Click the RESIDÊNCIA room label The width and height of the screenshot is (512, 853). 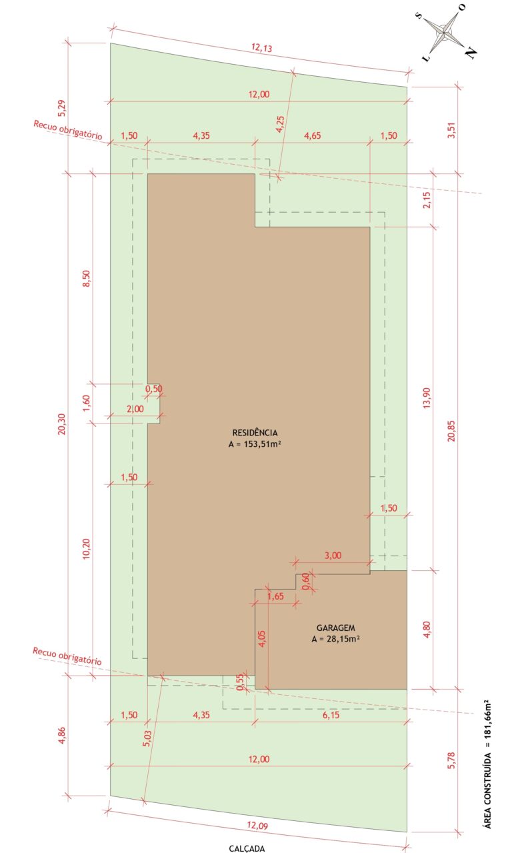click(x=255, y=433)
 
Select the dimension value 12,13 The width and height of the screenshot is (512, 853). click(x=261, y=47)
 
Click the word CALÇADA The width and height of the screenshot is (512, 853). click(x=247, y=848)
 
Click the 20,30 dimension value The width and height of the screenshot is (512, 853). click(x=62, y=424)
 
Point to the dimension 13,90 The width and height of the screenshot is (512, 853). click(x=427, y=398)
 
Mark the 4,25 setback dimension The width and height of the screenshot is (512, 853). click(x=280, y=124)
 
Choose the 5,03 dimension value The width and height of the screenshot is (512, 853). click(x=148, y=738)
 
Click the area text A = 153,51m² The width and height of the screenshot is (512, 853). click(x=255, y=444)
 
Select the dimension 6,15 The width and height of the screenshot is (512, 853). click(x=331, y=715)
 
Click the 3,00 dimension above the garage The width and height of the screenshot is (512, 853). click(x=333, y=556)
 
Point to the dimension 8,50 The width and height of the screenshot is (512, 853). click(x=87, y=278)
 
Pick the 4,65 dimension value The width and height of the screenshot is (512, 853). click(x=312, y=135)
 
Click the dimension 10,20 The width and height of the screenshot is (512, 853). click(x=87, y=549)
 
